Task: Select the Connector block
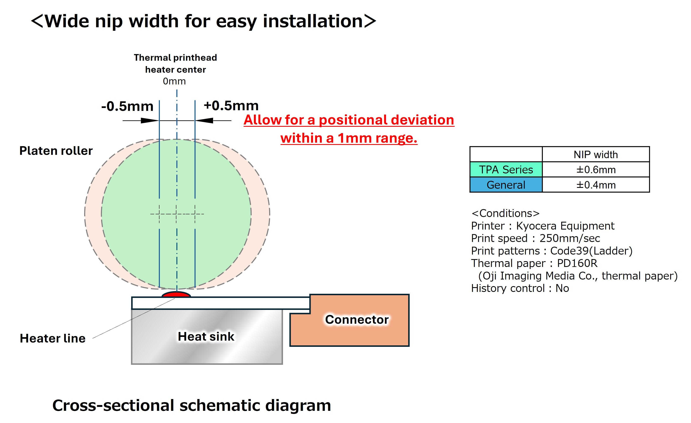click(357, 320)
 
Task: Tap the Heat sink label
click(206, 336)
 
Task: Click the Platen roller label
click(56, 151)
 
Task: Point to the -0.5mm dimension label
click(127, 106)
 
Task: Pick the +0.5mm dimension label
click(231, 105)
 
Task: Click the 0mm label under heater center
click(174, 81)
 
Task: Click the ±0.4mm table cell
click(596, 185)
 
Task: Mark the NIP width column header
click(596, 155)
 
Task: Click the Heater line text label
click(52, 338)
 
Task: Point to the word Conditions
click(506, 213)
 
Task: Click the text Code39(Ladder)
click(591, 251)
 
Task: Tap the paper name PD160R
click(577, 263)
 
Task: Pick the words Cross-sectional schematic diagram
click(192, 405)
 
